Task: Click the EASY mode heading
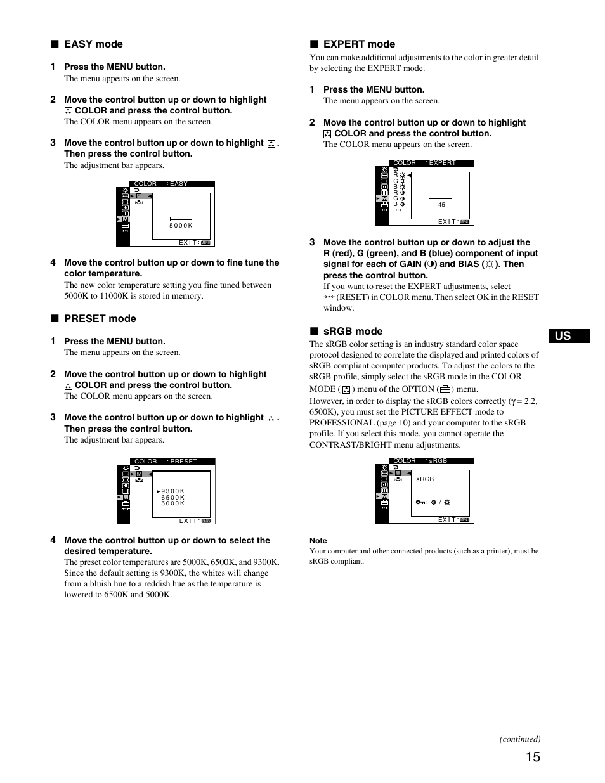[x=93, y=44]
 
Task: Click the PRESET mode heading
[x=100, y=319]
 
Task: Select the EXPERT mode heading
[x=359, y=44]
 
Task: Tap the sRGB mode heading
[x=353, y=332]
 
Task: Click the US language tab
[x=564, y=336]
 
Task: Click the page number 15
[x=533, y=756]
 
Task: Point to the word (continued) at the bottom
[x=519, y=739]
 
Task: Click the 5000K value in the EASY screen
[x=181, y=226]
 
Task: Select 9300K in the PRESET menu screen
[x=172, y=491]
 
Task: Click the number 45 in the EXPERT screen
[x=441, y=205]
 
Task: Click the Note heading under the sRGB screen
[x=318, y=541]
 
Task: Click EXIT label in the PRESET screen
[x=190, y=521]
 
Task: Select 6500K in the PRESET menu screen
[x=172, y=498]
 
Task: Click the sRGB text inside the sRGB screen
[x=425, y=479]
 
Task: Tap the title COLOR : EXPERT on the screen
[x=424, y=163]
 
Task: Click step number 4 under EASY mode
[x=53, y=262]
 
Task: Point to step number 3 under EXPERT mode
[x=312, y=242]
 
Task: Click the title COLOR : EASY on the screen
[x=161, y=184]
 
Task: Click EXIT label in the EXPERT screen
[x=448, y=222]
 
